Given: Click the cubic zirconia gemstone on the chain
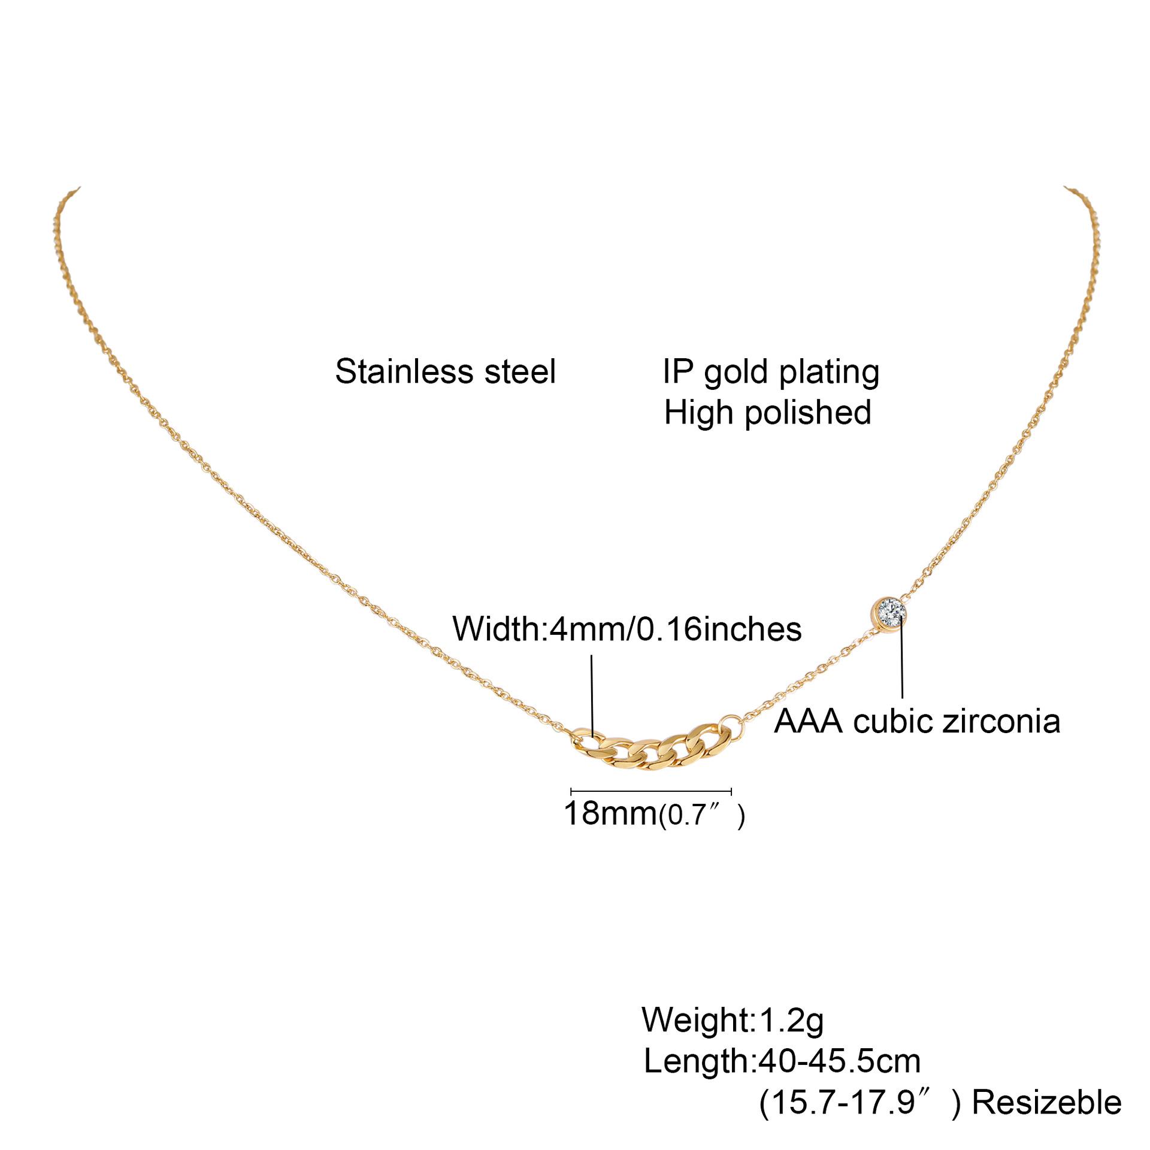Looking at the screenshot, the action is [888, 613].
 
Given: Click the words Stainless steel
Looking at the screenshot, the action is [445, 371].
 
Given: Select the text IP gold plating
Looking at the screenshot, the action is [771, 373].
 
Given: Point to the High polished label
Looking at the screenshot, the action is [767, 413].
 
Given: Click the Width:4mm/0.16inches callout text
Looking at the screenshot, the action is [627, 629].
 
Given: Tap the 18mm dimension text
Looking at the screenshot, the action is [610, 813].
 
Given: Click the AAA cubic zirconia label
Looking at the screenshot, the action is [917, 721].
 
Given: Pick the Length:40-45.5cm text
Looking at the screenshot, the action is [782, 1061].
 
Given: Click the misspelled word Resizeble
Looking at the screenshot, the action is [1046, 1103].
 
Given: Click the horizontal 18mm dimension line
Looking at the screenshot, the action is [651, 792].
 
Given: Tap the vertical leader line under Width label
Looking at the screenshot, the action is [592, 695].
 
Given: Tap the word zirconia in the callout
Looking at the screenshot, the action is [1001, 721].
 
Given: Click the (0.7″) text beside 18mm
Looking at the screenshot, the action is [701, 815].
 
